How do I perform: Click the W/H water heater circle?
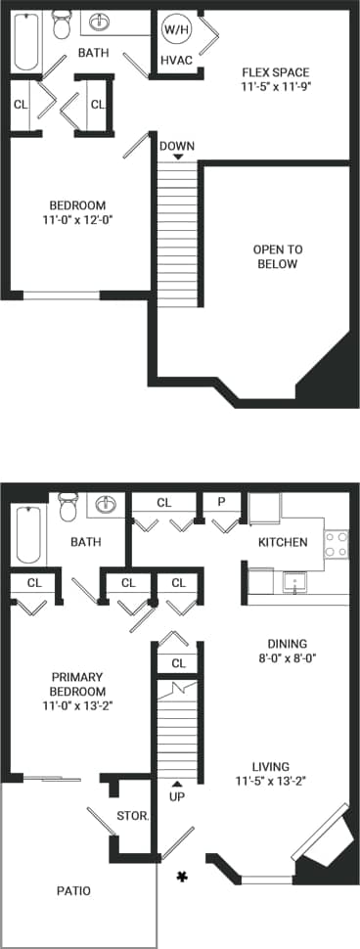coord(177,29)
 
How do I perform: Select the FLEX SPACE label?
coord(277,70)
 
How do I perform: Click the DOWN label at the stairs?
coord(177,147)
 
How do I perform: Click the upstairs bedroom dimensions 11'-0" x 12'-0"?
coord(77,219)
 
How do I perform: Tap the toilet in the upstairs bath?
coord(63,22)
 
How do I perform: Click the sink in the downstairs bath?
coord(106,506)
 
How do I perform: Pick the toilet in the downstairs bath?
coord(68,508)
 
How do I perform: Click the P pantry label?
coord(222,503)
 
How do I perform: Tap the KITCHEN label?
coord(283,542)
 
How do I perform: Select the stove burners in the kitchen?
coord(336,544)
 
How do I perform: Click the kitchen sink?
coord(292,584)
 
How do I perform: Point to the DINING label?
coord(288,644)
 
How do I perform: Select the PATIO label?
coord(73,891)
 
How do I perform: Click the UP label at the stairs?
coord(177,797)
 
